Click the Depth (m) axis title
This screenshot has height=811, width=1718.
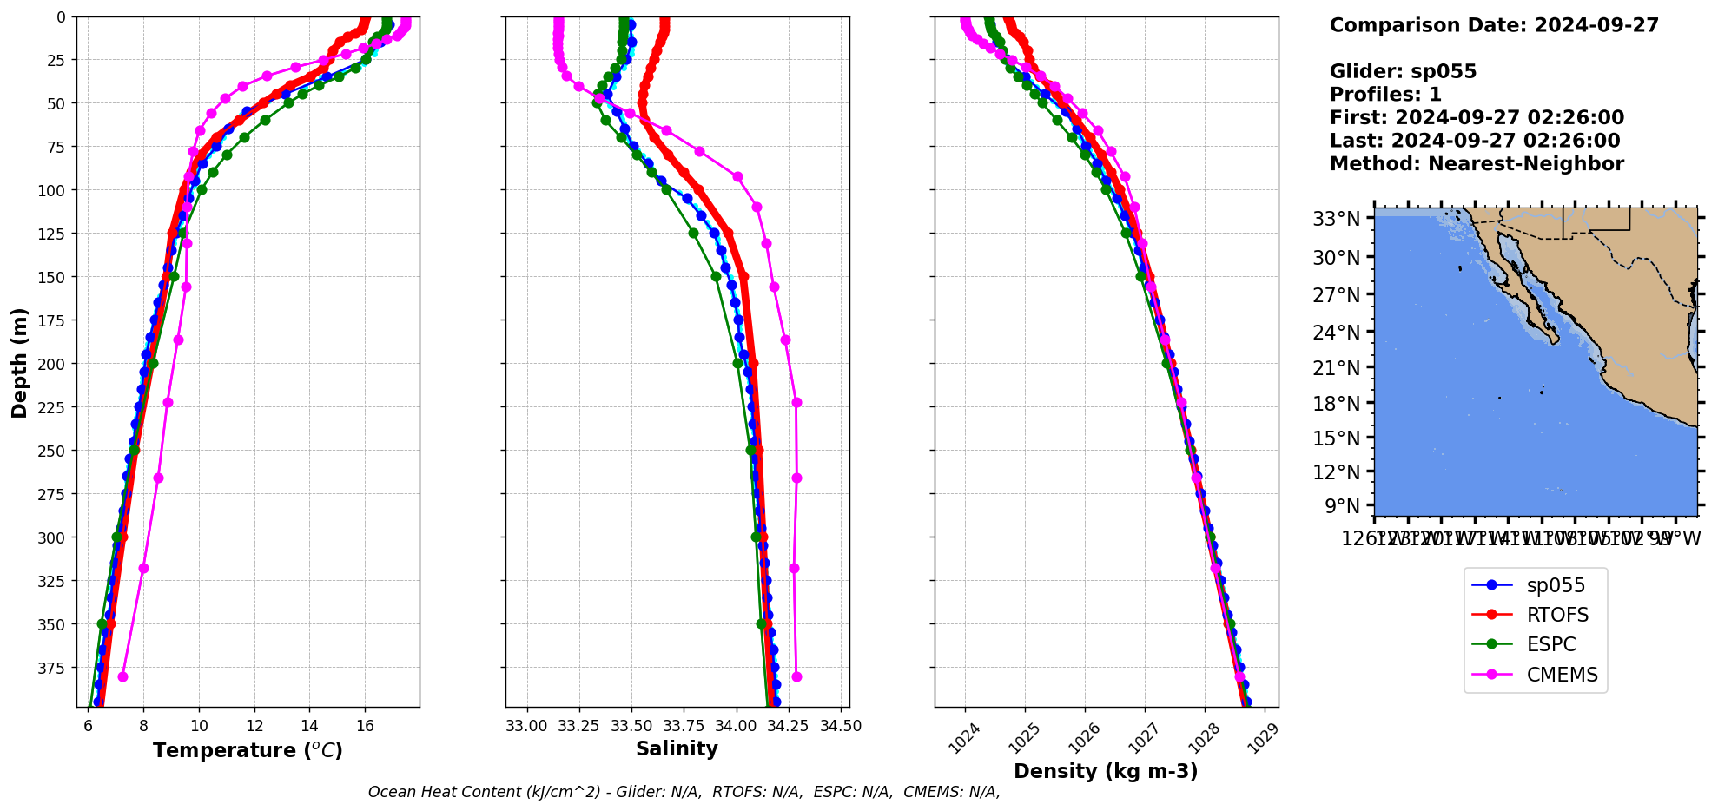tap(19, 362)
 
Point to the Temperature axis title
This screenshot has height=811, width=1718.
tap(248, 750)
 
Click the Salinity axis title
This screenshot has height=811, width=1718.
tap(677, 748)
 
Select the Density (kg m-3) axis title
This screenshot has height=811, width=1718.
tap(1106, 771)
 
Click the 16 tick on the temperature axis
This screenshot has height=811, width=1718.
tap(365, 726)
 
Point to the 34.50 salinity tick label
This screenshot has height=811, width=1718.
tap(841, 726)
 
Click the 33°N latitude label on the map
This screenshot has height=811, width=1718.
tap(1336, 219)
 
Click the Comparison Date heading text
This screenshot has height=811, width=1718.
tap(1494, 25)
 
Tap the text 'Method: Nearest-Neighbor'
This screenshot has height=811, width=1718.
tap(1477, 163)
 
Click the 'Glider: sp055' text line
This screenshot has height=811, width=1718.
tap(1403, 71)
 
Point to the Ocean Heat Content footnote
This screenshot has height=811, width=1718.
tap(684, 792)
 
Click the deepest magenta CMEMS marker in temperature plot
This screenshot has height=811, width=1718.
tap(122, 676)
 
